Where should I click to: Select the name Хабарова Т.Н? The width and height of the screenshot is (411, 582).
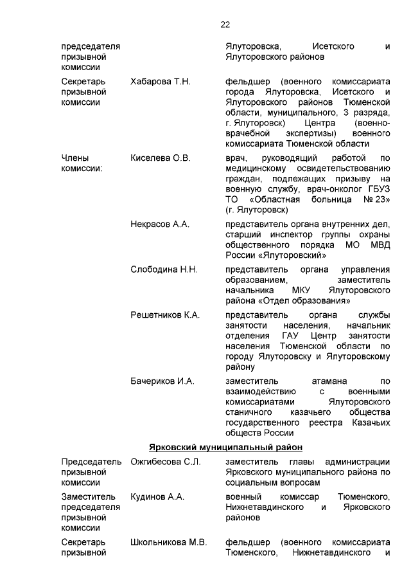click(x=161, y=82)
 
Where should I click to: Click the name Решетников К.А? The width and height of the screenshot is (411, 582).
click(x=165, y=314)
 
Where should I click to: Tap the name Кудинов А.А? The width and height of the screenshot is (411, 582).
click(x=157, y=496)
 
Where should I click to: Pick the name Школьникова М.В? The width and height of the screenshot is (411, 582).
click(x=168, y=541)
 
